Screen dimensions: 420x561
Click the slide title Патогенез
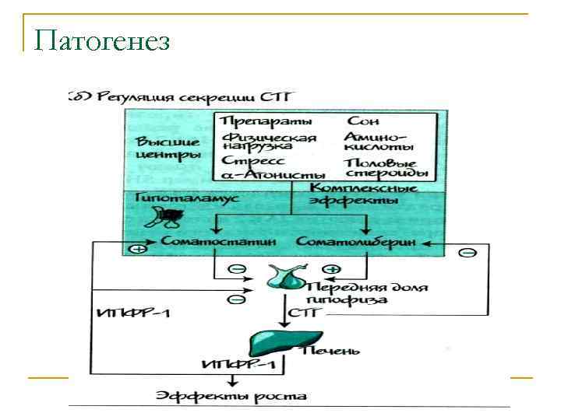[101, 40]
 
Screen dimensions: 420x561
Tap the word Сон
[362, 121]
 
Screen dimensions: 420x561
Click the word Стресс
[247, 160]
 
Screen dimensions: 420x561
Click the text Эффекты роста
[231, 396]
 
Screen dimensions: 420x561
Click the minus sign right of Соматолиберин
[468, 253]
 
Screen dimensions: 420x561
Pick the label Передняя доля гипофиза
[372, 293]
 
